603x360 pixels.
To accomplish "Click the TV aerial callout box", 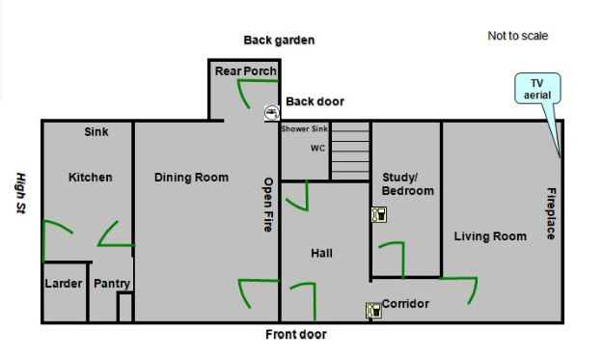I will coord(536,89).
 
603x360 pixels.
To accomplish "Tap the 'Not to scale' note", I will coord(517,36).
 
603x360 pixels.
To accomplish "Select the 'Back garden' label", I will coord(279,40).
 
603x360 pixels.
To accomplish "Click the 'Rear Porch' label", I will coord(245,71).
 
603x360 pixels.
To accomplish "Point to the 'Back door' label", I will coord(315,101).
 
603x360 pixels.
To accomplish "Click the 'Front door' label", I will coord(296,335).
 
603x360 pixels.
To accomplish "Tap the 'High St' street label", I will coord(20,193).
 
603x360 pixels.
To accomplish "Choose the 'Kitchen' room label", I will coord(90,178).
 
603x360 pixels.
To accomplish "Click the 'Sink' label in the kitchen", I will coord(96,132).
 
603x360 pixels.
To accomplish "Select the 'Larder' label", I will coord(64,284).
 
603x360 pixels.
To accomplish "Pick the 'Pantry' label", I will coord(111,284).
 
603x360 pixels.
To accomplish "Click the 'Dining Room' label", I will coord(191,178).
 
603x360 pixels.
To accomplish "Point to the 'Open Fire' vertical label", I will coord(269,206).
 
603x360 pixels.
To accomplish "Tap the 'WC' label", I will coord(317,149).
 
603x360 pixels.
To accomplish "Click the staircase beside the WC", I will coord(350,151).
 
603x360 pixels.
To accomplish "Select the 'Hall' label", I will coord(321,253).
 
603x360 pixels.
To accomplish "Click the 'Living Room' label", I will coord(490,236).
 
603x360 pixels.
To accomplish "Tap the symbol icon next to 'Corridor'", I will coord(372,311).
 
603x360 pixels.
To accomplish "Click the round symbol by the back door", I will coord(272,113).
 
